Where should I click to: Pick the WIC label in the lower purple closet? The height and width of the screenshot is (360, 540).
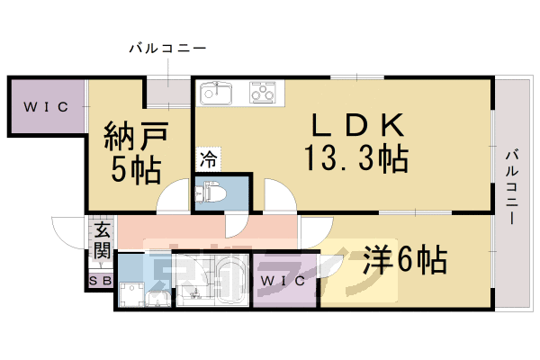pyautogui.click(x=284, y=281)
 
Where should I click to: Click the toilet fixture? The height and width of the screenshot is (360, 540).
pyautogui.click(x=213, y=193)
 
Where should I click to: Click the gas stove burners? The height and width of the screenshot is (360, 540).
pyautogui.click(x=263, y=92)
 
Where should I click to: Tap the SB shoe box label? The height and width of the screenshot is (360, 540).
pyautogui.click(x=100, y=282)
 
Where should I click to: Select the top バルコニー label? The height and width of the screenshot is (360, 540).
pyautogui.click(x=168, y=48)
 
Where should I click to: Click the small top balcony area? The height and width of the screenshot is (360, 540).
pyautogui.click(x=169, y=93)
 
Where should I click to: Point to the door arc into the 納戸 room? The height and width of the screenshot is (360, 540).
pyautogui.click(x=171, y=200)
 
